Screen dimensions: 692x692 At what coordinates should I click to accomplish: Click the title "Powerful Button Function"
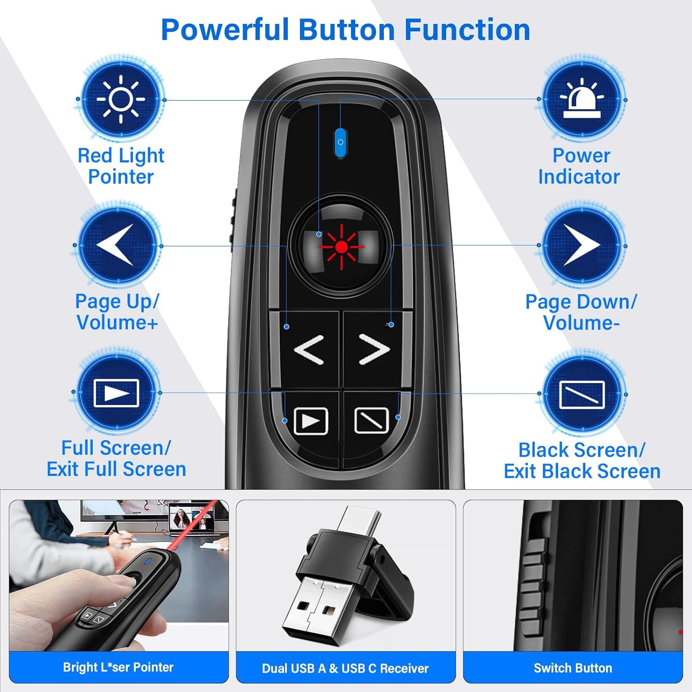[x=346, y=30]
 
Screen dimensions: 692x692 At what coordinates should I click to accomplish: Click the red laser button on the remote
[x=341, y=247]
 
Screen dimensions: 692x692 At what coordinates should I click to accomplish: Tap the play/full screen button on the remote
[x=310, y=420]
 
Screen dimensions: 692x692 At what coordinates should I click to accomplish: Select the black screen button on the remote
[x=371, y=420]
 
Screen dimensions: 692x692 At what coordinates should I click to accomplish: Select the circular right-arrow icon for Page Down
[x=582, y=245]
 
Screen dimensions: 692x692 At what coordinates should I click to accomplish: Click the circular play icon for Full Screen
[x=116, y=393]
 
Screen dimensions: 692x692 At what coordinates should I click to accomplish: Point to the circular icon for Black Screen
[x=582, y=394]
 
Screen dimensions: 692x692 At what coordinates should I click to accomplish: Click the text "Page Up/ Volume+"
[x=117, y=312]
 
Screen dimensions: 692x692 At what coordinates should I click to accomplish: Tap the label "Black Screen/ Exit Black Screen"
[x=582, y=460]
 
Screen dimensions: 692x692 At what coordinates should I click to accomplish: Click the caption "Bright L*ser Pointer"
[x=118, y=667]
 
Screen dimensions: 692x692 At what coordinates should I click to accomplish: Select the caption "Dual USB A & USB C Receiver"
[x=346, y=668]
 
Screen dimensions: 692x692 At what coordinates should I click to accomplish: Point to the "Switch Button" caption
[x=573, y=668]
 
